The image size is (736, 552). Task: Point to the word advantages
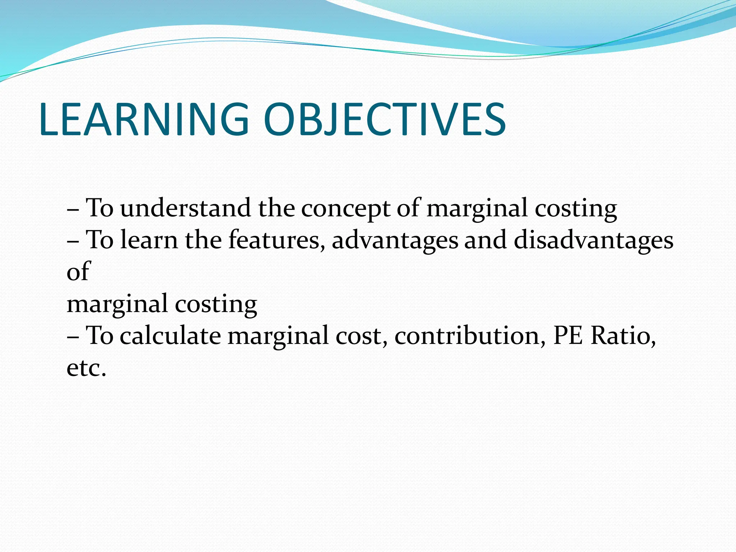pyautogui.click(x=395, y=240)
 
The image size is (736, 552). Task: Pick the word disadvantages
pyautogui.click(x=593, y=240)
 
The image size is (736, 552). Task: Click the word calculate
pyautogui.click(x=170, y=335)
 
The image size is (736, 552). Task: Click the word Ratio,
pyautogui.click(x=623, y=335)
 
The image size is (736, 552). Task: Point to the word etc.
pyautogui.click(x=86, y=368)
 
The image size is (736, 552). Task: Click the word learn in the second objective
pyautogui.click(x=149, y=240)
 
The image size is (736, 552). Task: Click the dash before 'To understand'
pyautogui.click(x=73, y=209)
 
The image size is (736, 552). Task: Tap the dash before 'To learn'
pyautogui.click(x=73, y=241)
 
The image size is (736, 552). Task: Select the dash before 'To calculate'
pyautogui.click(x=73, y=337)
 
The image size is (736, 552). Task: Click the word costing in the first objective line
pyautogui.click(x=575, y=208)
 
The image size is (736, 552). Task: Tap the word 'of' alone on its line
pyautogui.click(x=78, y=271)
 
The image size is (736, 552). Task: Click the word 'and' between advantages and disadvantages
pyautogui.click(x=486, y=240)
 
